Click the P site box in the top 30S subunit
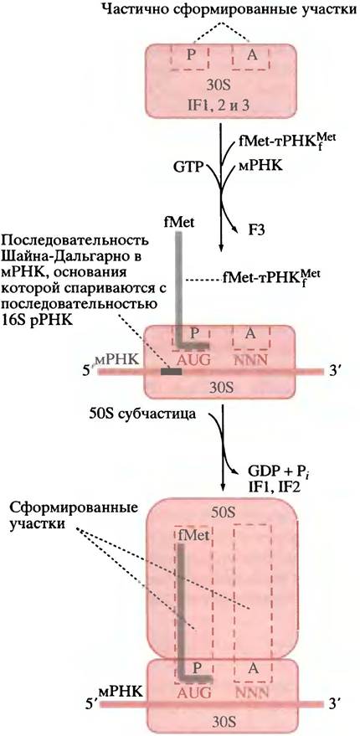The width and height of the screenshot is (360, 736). point(189,58)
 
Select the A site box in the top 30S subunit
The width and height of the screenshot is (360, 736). point(251,58)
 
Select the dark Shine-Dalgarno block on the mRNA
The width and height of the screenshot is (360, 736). point(171,372)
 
